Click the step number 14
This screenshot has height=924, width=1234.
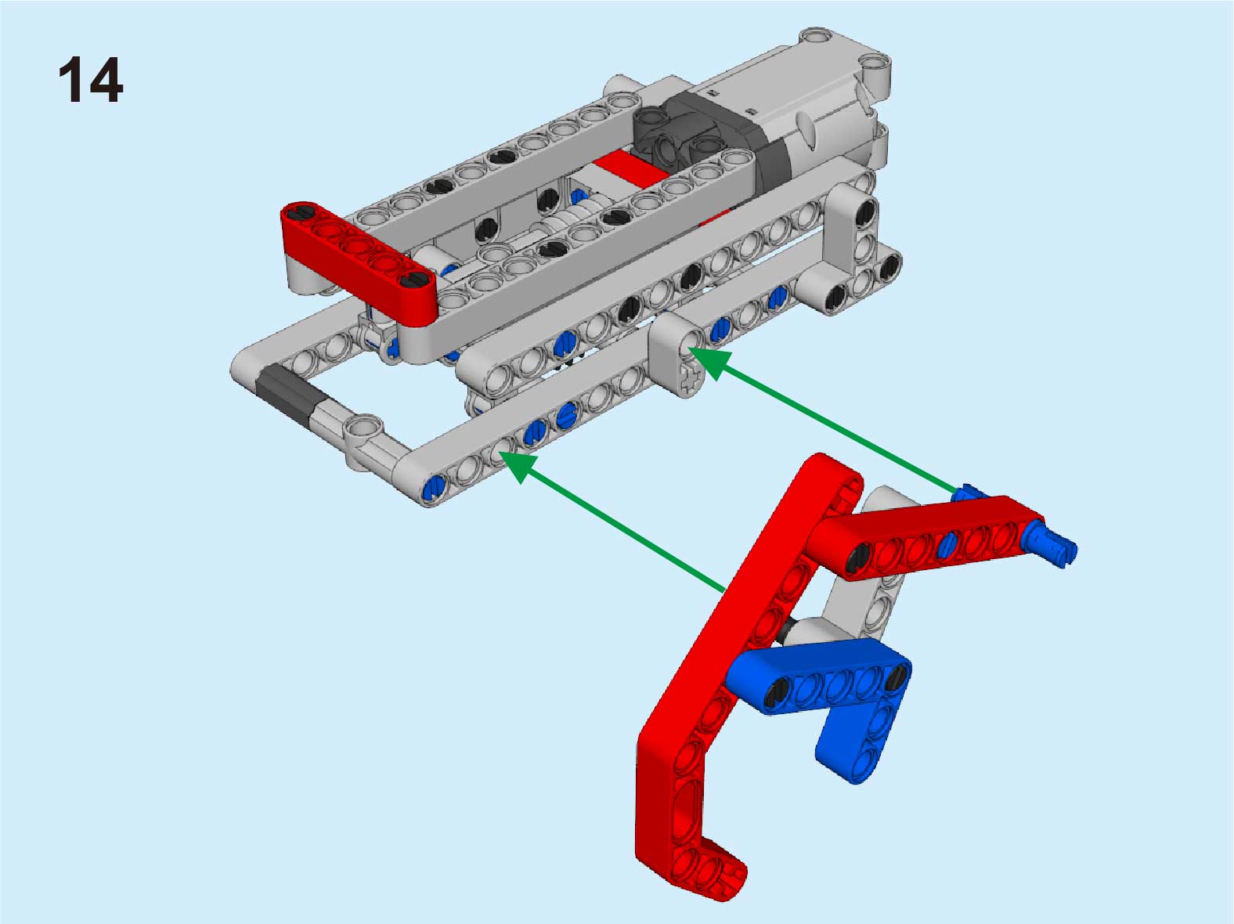(91, 80)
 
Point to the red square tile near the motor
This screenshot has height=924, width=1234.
(629, 168)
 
